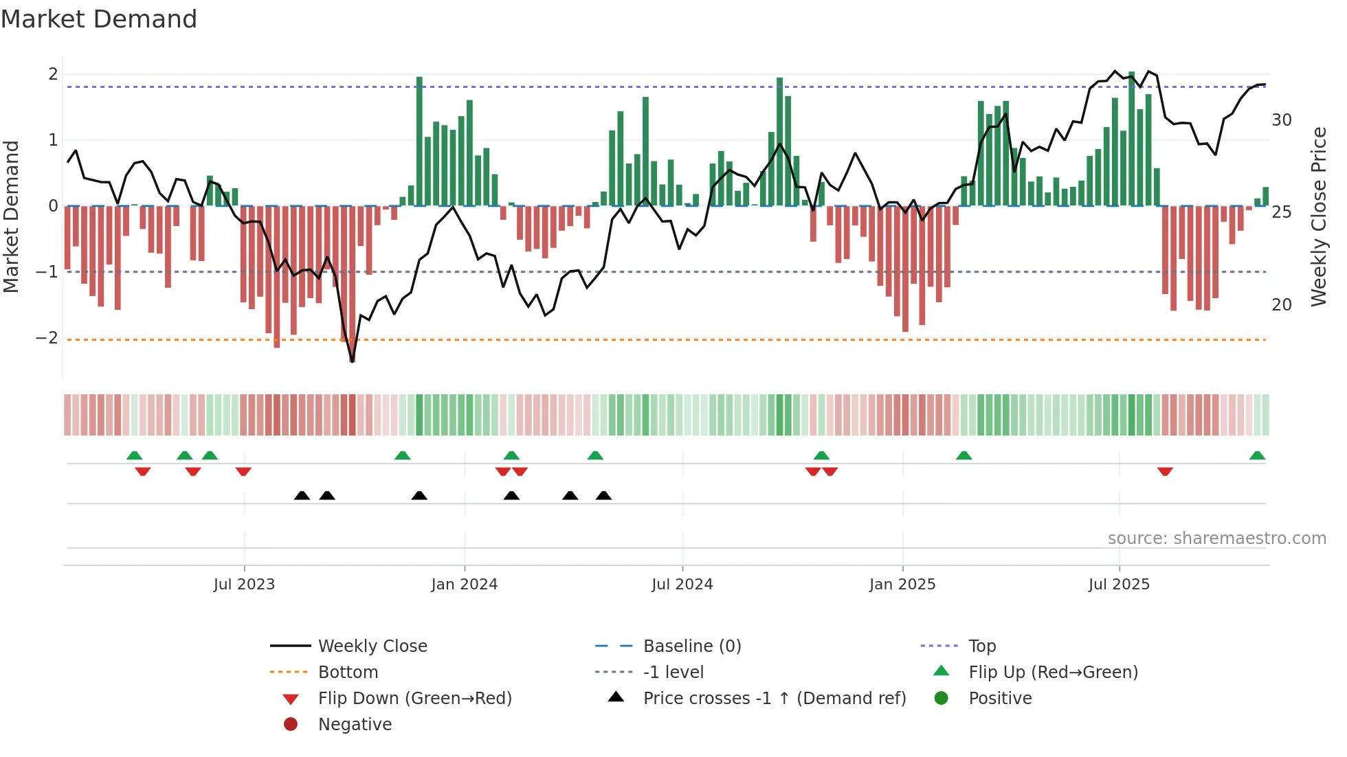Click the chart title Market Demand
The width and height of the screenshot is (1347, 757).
tap(99, 19)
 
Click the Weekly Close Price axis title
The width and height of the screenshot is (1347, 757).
tap(1318, 216)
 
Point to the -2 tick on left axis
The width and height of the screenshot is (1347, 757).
tap(47, 338)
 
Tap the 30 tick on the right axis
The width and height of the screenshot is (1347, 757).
tap(1281, 120)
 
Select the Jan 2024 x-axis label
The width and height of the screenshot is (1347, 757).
tap(464, 585)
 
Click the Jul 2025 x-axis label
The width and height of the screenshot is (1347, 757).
tap(1118, 585)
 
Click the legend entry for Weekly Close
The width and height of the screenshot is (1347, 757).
tap(372, 646)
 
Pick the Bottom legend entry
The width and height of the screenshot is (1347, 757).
tap(348, 673)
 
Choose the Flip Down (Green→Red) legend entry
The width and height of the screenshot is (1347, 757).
tap(414, 699)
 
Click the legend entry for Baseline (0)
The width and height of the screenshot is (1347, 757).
tap(691, 646)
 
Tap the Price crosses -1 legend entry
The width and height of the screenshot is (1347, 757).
tap(774, 699)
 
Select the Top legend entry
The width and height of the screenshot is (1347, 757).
tap(981, 646)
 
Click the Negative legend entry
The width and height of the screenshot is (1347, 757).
tap(355, 725)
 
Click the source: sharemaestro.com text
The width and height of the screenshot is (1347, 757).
tap(1216, 539)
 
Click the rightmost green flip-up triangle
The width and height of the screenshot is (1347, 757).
tap(1257, 456)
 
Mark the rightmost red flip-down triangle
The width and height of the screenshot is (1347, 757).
tap(1165, 471)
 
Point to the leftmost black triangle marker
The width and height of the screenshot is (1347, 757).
tap(302, 496)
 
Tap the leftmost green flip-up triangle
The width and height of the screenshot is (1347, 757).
tap(135, 456)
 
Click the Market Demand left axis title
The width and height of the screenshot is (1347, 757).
tap(11, 216)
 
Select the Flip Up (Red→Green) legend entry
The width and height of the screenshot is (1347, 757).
tap(1053, 673)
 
